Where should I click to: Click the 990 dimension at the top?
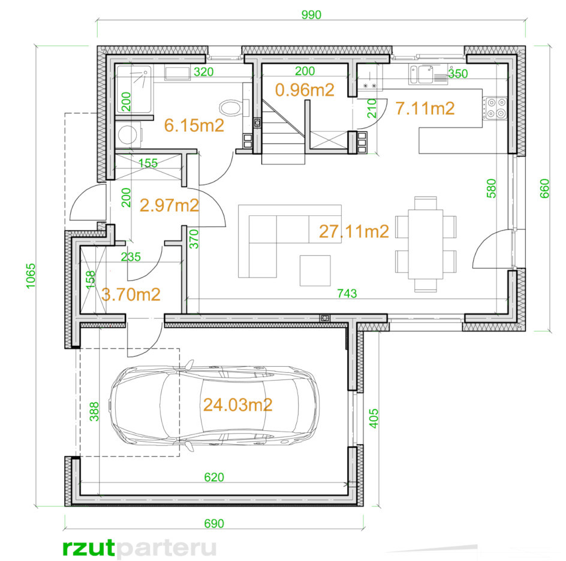tap(311, 15)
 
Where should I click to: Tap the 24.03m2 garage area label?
tap(237, 405)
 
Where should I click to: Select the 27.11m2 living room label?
tap(354, 231)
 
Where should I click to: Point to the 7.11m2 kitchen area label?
tap(425, 108)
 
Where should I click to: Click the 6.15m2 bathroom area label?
tap(194, 125)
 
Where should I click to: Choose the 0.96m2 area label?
tap(305, 90)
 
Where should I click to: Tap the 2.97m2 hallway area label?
tap(169, 205)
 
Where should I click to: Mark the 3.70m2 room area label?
tap(131, 295)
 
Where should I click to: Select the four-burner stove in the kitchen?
tap(495, 108)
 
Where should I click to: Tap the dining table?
tap(426, 245)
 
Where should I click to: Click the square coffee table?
tap(315, 270)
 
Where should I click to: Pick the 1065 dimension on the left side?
tap(31, 276)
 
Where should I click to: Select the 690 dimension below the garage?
tap(214, 523)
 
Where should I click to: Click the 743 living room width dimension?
tap(347, 294)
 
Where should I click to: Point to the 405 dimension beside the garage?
tap(374, 418)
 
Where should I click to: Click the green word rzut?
tap(89, 548)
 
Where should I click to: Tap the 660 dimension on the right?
tap(544, 188)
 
